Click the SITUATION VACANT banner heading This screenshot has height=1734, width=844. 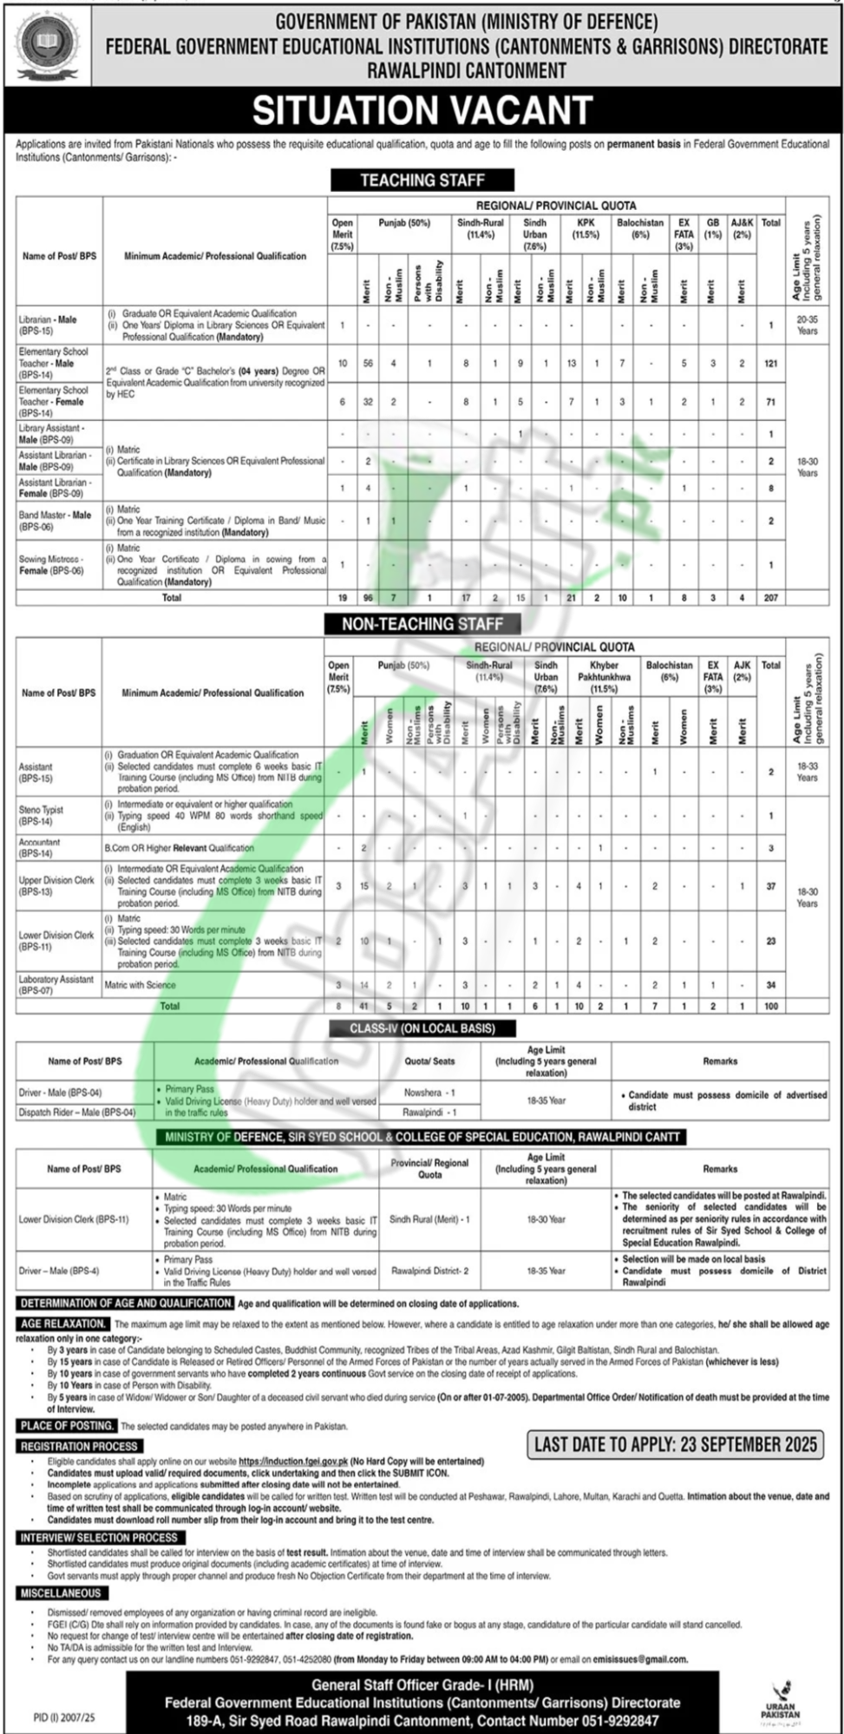pyautogui.click(x=422, y=111)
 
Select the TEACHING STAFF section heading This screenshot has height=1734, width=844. pyautogui.click(x=422, y=180)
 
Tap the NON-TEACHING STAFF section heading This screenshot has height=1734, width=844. pyautogui.click(x=422, y=623)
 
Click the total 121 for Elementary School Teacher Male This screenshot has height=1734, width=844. pyautogui.click(x=770, y=364)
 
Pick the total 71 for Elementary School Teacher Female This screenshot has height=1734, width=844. pyautogui.click(x=770, y=402)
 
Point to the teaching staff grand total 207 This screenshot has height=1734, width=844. pyautogui.click(x=770, y=598)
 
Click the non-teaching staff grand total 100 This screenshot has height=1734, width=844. pyautogui.click(x=770, y=1006)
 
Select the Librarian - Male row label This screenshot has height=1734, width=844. pyautogui.click(x=48, y=325)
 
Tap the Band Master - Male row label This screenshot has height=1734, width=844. pyautogui.click(x=55, y=520)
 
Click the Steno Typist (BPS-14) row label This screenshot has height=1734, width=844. pyautogui.click(x=41, y=815)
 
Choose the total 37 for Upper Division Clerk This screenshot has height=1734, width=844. pyautogui.click(x=770, y=886)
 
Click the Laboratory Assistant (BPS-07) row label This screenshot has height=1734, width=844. pyautogui.click(x=56, y=984)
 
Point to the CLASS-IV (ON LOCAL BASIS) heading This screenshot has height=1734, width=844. pyautogui.click(x=422, y=1028)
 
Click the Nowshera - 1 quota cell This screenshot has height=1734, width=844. pyautogui.click(x=429, y=1093)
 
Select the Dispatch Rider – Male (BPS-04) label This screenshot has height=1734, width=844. pyautogui.click(x=77, y=1112)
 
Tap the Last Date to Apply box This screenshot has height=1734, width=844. pyautogui.click(x=676, y=1444)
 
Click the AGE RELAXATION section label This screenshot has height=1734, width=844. pyautogui.click(x=63, y=1323)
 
